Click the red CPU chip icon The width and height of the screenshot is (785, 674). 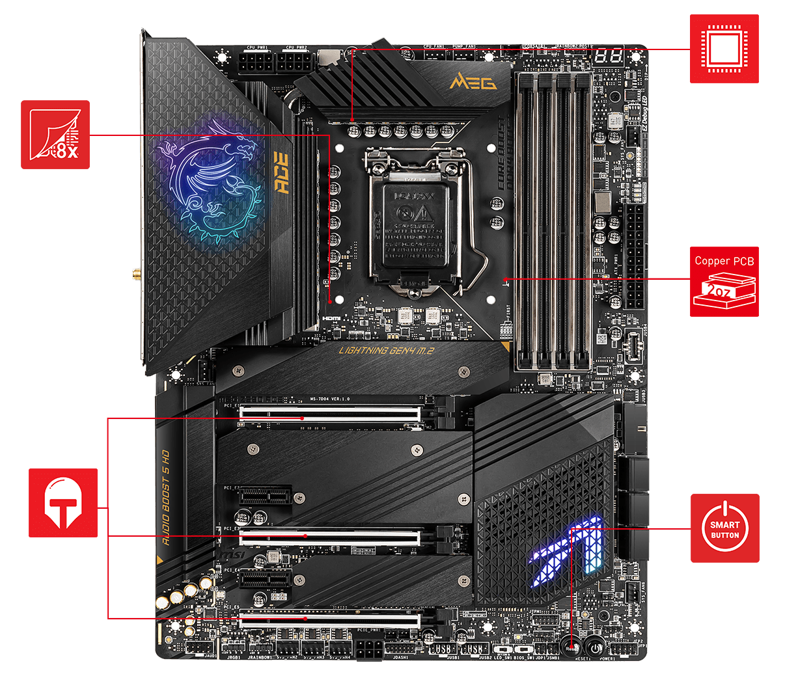click(724, 49)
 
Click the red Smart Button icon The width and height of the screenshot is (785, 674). click(724, 528)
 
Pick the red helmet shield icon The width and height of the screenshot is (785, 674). click(63, 503)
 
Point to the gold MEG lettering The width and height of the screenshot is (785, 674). click(473, 83)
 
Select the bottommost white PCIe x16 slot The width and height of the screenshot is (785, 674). click(329, 619)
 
